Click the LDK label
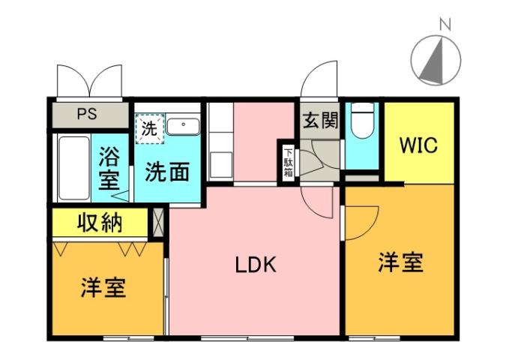[256, 264]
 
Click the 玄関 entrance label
[320, 120]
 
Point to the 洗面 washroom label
[167, 172]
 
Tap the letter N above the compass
[444, 24]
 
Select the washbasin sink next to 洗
[182, 125]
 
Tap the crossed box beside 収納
[158, 222]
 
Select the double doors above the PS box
[88, 81]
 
